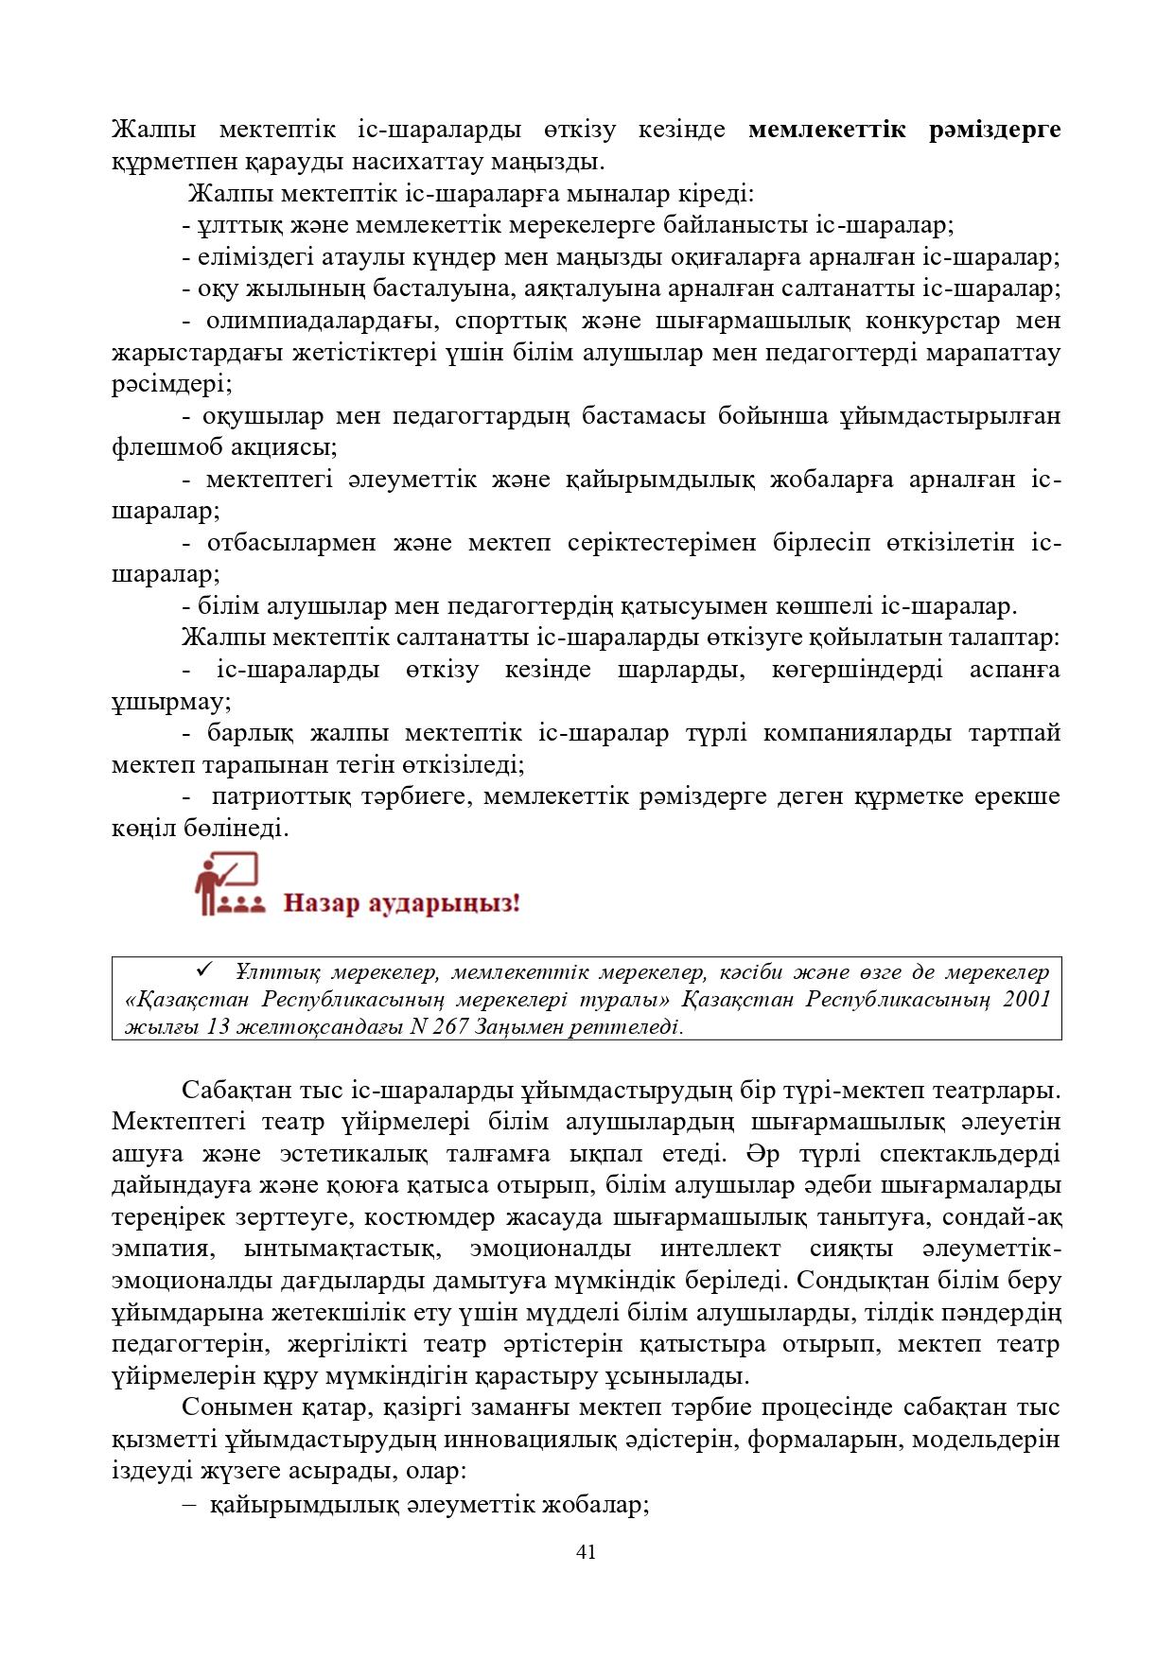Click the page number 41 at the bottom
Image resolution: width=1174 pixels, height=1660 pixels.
click(x=586, y=1551)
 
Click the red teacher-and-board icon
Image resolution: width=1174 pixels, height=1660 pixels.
click(x=227, y=884)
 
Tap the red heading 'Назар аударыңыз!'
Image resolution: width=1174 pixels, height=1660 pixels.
click(x=402, y=902)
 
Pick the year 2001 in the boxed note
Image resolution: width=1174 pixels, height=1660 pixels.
click(x=1025, y=1000)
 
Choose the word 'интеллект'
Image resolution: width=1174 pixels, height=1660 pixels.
click(x=718, y=1249)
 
